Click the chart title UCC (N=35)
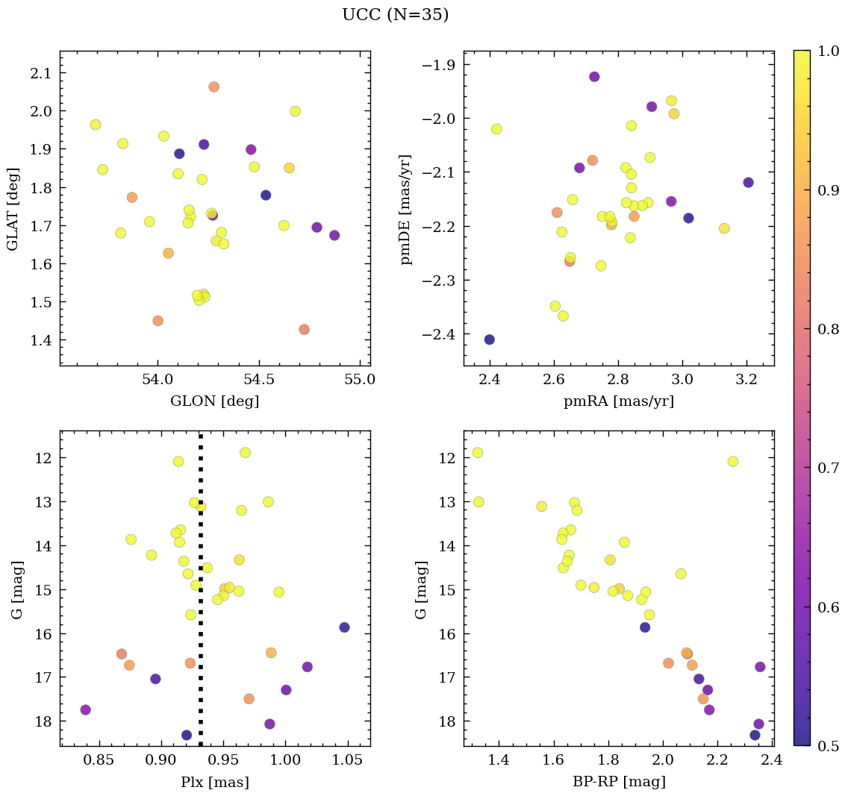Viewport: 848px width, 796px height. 395,15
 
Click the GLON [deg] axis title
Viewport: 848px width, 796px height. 215,401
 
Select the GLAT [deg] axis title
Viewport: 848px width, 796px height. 13,209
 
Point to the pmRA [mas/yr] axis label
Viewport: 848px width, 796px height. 618,401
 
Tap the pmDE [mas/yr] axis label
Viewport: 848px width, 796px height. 407,209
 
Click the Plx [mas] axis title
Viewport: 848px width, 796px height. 215,782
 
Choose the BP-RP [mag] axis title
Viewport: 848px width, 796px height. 618,782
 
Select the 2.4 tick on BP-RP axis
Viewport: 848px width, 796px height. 772,759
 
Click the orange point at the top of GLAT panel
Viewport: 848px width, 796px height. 213,87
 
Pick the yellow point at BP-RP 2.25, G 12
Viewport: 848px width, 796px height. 732,461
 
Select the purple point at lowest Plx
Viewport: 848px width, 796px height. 86,709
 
